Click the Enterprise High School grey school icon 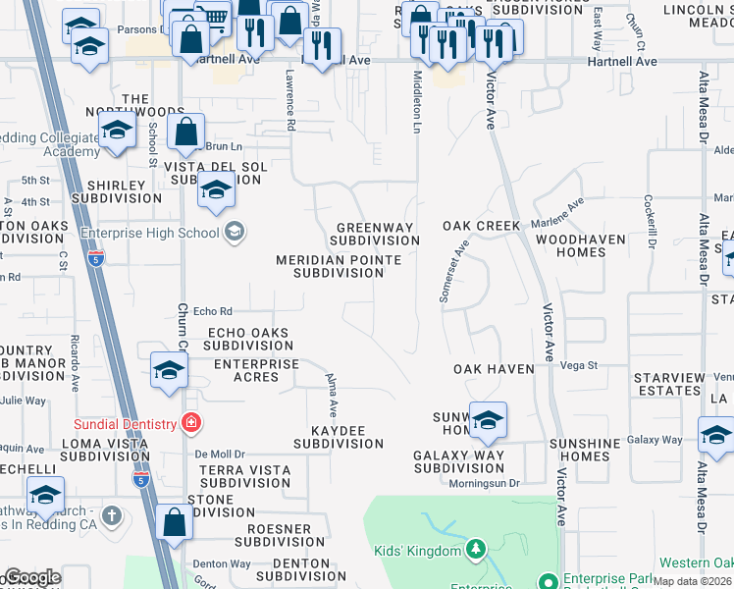[x=234, y=232]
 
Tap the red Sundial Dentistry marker [x=191, y=424]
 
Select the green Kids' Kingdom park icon [x=476, y=548]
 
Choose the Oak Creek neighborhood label [x=481, y=226]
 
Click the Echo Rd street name [x=211, y=310]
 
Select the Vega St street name [x=579, y=364]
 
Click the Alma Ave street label [x=333, y=393]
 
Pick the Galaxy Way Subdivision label [x=458, y=461]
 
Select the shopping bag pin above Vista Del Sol [x=185, y=132]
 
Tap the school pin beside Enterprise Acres [x=169, y=370]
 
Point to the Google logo [x=31, y=578]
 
